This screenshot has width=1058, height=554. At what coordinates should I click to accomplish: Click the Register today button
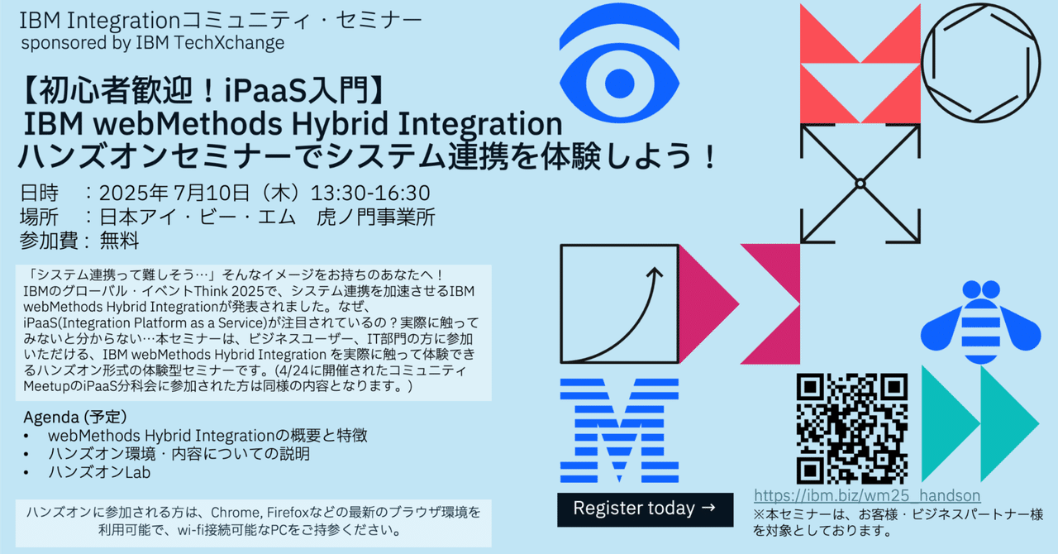click(645, 509)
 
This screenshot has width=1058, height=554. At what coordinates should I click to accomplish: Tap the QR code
click(852, 429)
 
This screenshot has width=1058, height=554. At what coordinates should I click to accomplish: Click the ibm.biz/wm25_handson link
click(867, 496)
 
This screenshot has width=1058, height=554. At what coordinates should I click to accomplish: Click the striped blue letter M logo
click(619, 431)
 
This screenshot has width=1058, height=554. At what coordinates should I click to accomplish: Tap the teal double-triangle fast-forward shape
click(979, 424)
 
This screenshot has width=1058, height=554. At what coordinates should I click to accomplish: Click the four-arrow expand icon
click(860, 183)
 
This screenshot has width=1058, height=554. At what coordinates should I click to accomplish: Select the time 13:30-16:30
click(370, 193)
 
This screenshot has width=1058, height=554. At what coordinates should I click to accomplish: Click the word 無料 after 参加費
click(120, 241)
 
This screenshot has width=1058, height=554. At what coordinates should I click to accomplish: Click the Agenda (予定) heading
click(75, 415)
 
